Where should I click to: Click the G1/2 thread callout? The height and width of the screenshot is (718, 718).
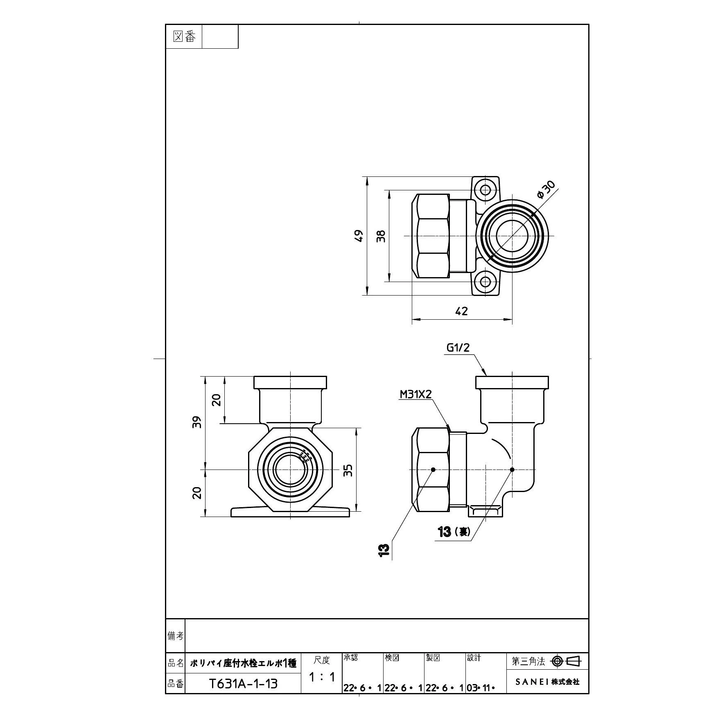(x=458, y=348)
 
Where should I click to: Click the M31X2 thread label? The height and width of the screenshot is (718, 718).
(x=416, y=394)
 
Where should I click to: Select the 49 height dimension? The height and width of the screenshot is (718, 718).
(x=359, y=236)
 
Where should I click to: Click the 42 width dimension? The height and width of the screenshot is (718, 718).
(x=461, y=312)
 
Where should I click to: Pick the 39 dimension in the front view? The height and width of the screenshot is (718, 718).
(x=198, y=422)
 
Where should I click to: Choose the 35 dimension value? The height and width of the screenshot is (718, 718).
(x=348, y=470)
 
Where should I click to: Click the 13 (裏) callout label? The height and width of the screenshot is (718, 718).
(x=454, y=532)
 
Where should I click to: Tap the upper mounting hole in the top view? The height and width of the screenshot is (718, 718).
(x=485, y=190)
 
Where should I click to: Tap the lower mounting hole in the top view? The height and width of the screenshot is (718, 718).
(x=485, y=282)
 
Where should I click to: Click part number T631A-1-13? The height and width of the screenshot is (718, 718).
(x=243, y=684)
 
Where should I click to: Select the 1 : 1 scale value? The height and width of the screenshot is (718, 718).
(x=322, y=677)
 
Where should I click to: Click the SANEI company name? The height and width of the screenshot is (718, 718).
(x=547, y=682)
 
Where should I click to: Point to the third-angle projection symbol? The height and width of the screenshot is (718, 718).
(x=566, y=661)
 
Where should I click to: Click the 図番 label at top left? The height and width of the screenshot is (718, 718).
(x=184, y=37)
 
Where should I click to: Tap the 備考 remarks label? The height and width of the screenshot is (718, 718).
(x=176, y=636)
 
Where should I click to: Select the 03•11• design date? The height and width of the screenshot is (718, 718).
(x=481, y=688)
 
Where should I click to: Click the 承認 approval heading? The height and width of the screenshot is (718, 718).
(x=350, y=657)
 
